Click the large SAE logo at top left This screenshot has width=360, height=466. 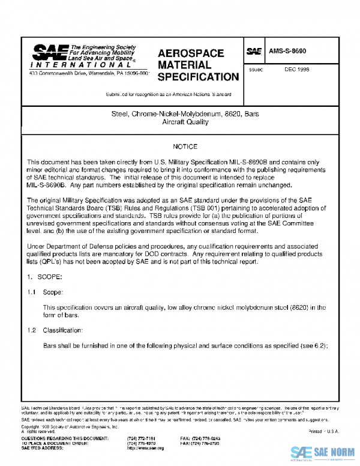coord(49,52)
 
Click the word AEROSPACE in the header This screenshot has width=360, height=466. coord(190,53)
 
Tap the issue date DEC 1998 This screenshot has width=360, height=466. coord(297,70)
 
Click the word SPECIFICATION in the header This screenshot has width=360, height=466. coord(198,77)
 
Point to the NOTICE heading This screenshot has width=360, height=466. coord(185,147)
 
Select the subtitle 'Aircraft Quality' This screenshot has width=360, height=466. coord(185,122)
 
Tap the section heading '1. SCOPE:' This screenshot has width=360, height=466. coord(44,278)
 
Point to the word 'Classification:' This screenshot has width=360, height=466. coord(63,331)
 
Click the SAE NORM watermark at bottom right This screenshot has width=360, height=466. coord(322,452)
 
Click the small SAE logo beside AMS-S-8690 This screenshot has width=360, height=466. coord(254,52)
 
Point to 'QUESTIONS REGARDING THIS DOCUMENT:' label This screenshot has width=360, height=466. coord(65,439)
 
